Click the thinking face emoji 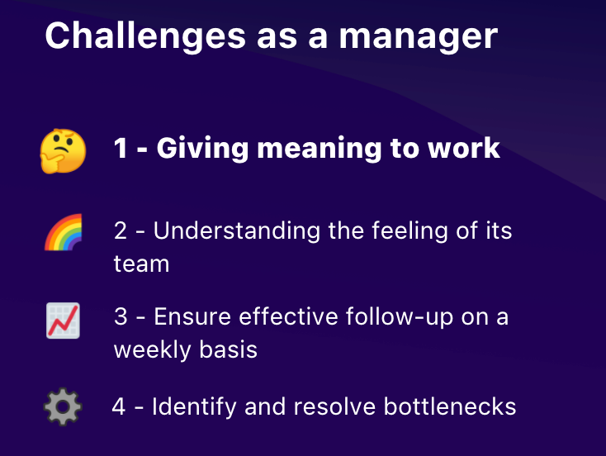(63, 151)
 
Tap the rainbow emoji (63, 231)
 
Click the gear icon (63, 407)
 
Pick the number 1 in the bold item (121, 149)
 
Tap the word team (141, 264)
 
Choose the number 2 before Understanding (121, 230)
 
